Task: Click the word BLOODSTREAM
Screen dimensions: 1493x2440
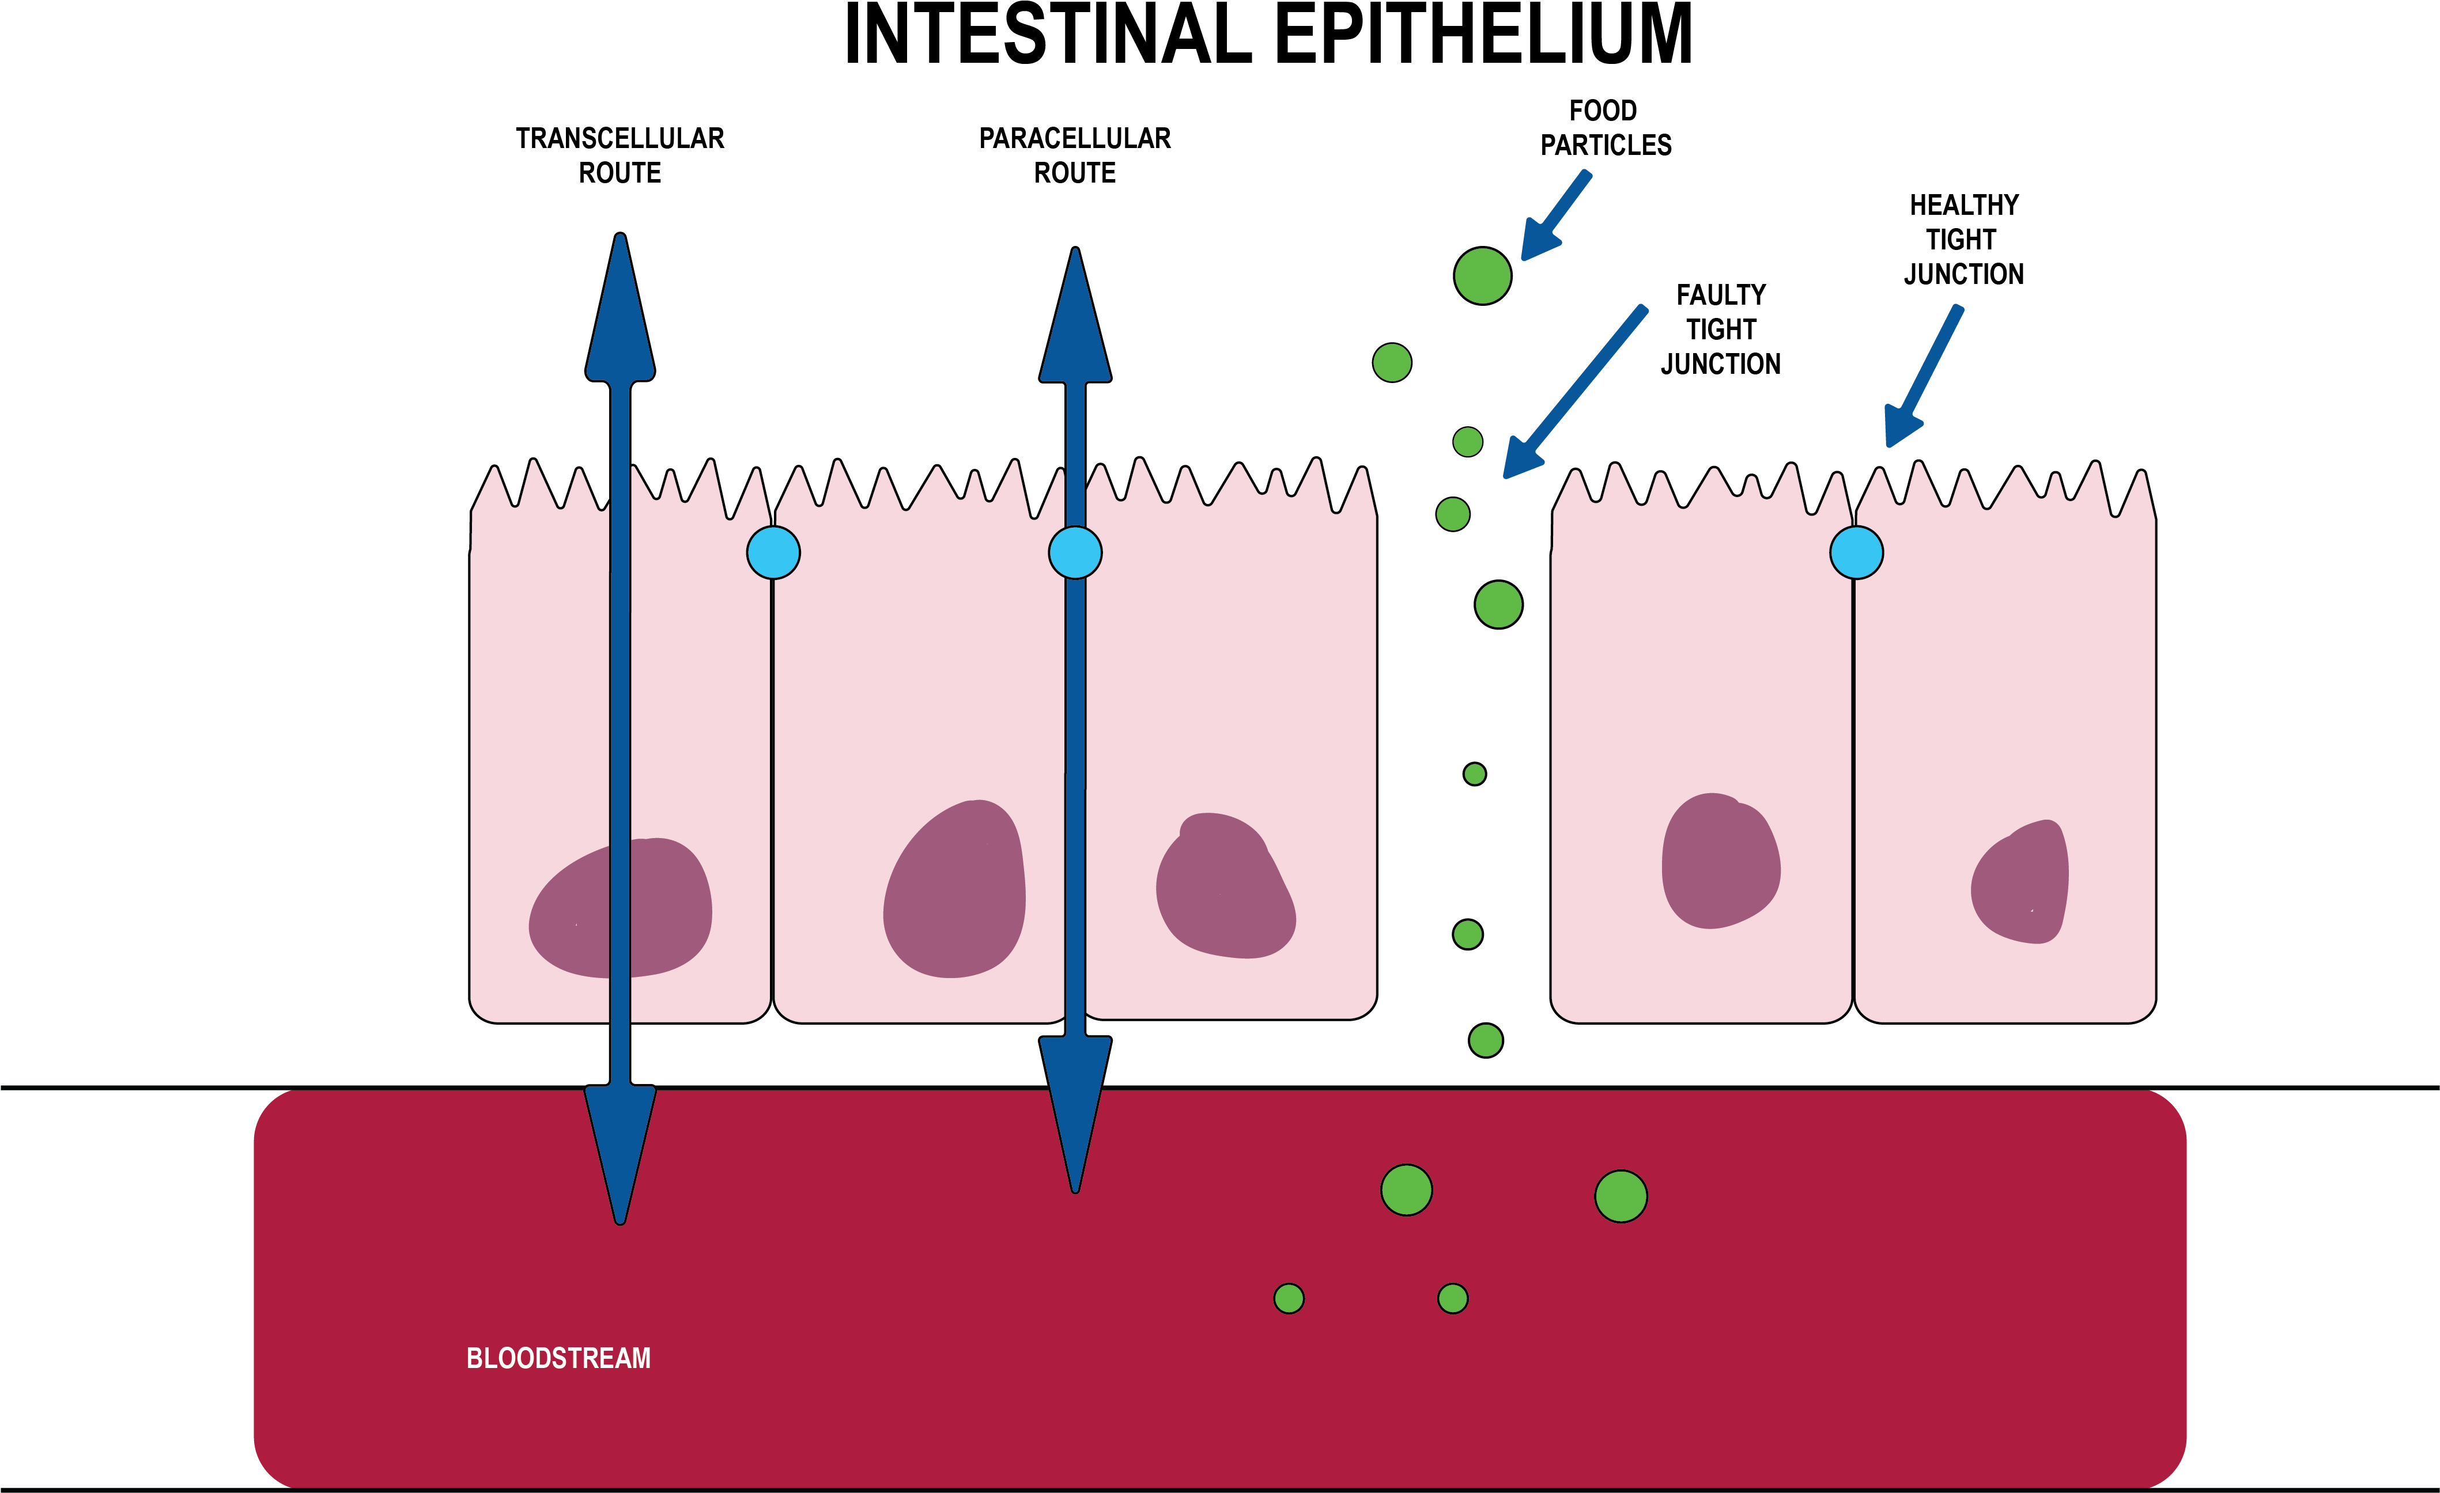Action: point(558,1358)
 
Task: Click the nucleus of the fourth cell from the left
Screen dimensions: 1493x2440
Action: point(1720,861)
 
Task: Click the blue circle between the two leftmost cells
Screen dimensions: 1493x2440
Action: point(773,552)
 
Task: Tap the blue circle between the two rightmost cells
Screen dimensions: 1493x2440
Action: point(1857,552)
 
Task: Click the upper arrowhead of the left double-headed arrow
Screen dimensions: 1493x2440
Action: point(620,317)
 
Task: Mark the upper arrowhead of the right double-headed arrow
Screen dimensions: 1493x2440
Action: point(1075,322)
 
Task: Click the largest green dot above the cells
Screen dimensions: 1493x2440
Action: point(1482,275)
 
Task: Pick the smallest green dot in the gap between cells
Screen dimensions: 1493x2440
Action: point(1475,774)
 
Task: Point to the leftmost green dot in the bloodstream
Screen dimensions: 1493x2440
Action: point(1289,1298)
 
